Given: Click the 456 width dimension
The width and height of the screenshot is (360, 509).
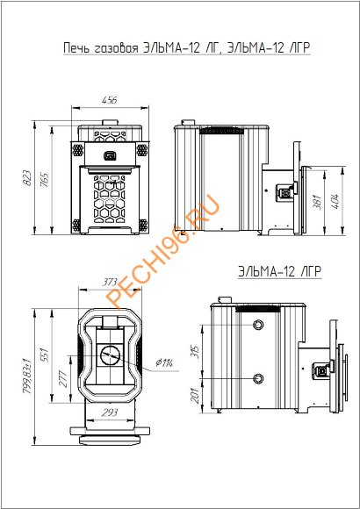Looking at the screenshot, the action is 109,100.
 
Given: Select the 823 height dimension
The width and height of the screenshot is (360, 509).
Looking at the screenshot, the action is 28,178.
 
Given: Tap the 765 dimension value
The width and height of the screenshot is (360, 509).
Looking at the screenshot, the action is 46,180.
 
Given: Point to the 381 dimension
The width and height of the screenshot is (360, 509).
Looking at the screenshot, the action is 319,202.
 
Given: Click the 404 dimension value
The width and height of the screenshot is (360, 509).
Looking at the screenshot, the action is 335,201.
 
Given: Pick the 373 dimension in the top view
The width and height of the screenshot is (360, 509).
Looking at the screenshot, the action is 110,283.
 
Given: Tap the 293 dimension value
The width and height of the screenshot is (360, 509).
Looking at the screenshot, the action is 110,412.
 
